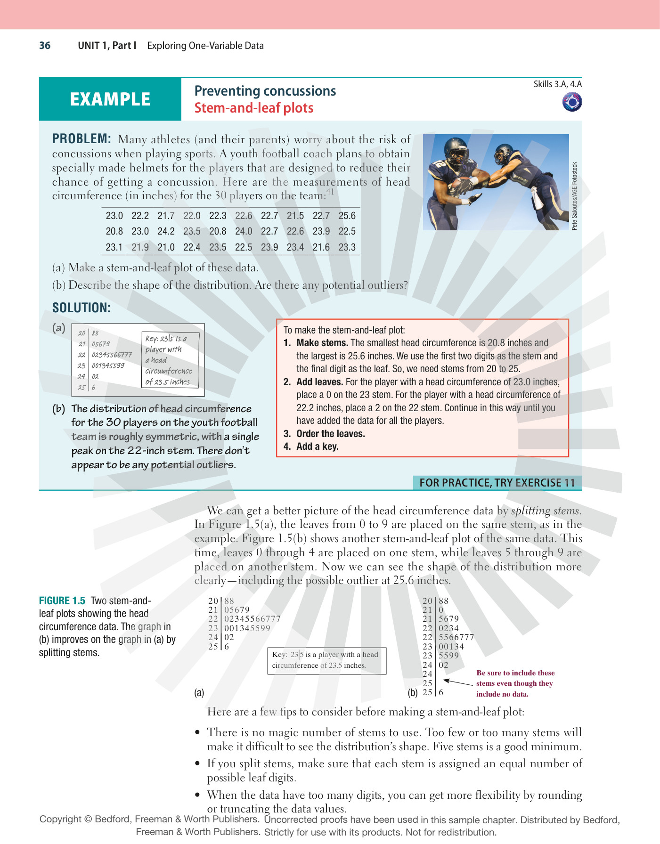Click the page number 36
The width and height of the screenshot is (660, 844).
[x=45, y=46]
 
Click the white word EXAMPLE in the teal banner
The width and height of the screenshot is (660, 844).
[x=110, y=99]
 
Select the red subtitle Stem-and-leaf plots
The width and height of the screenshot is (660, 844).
[x=254, y=108]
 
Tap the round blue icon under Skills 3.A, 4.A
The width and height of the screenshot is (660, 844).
[x=572, y=102]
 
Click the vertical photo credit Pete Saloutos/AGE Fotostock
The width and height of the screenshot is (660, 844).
[x=574, y=196]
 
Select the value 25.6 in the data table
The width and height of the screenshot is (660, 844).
[x=347, y=216]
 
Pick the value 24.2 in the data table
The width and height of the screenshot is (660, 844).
[x=166, y=231]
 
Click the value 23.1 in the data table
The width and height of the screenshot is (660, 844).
[x=114, y=247]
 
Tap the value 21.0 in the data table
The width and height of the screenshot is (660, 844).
[x=166, y=247]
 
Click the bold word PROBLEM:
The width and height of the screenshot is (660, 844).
[x=81, y=139]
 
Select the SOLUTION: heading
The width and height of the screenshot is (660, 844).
[x=81, y=308]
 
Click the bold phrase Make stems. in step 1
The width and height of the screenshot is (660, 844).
[x=322, y=343]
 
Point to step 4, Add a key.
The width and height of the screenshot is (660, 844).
[x=317, y=446]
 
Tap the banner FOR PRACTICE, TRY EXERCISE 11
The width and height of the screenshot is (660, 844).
[x=497, y=483]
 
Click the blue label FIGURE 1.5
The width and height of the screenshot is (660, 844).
[x=62, y=601]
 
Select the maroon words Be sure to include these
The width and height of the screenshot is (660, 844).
[x=515, y=673]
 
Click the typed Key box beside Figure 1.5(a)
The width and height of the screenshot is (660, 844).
[x=327, y=661]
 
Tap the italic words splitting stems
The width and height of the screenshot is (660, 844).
[x=546, y=511]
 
